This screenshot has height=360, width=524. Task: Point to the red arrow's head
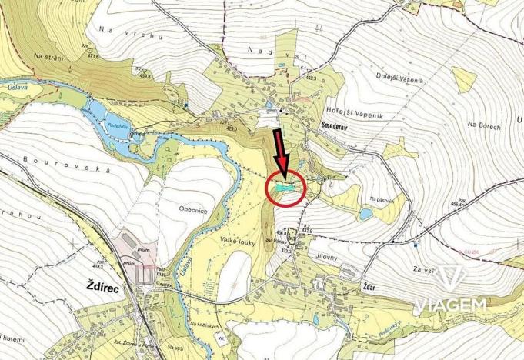[282, 170]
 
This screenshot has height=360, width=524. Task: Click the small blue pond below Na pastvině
[365, 215]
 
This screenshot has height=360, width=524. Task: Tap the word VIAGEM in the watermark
[452, 305]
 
